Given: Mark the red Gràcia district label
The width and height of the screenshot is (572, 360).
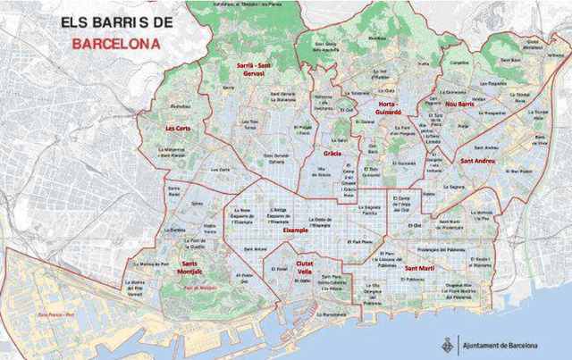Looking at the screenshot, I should tap(332, 153).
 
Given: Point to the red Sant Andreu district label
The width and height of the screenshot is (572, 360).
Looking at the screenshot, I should tap(478, 161).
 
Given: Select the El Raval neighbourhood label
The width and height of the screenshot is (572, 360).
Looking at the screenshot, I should tap(280, 267).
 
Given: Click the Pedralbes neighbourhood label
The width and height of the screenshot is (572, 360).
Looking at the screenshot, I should tap(180, 106).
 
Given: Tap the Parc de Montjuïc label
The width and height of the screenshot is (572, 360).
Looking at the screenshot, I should tap(200, 289).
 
